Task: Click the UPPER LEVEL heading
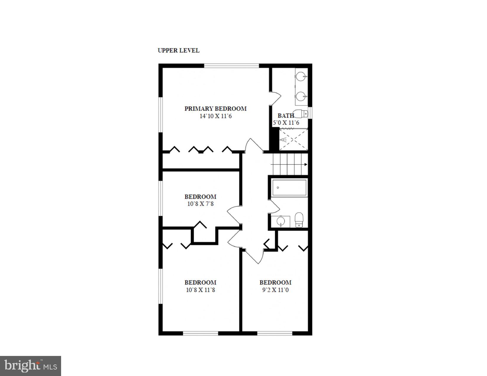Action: [x=179, y=50]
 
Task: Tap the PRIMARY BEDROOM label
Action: [x=215, y=109]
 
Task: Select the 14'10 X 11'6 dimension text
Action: [x=216, y=116]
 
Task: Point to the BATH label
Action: [x=286, y=116]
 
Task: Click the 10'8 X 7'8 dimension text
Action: [x=200, y=204]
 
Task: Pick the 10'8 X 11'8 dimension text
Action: [x=200, y=290]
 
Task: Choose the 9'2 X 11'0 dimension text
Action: [x=275, y=290]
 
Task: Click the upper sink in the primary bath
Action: [x=301, y=77]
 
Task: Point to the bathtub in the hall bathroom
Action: [x=289, y=188]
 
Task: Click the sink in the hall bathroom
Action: [x=280, y=221]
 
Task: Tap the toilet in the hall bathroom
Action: [x=299, y=220]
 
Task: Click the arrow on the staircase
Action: [x=305, y=165]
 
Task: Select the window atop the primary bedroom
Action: [x=231, y=66]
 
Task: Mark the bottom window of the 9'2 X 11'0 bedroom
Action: [x=275, y=333]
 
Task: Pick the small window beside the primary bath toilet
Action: [x=310, y=113]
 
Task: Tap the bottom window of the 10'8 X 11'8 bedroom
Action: [x=200, y=333]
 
